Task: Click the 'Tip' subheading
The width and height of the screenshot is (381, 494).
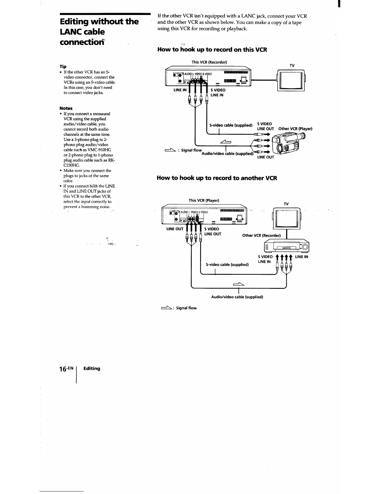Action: click(x=63, y=66)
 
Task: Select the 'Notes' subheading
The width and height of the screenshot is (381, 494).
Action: click(x=66, y=108)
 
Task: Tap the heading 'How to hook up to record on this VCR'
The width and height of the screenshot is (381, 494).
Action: click(x=212, y=50)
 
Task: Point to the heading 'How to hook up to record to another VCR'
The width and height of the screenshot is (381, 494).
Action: click(x=217, y=178)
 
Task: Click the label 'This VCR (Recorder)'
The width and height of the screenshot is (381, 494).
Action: click(x=209, y=62)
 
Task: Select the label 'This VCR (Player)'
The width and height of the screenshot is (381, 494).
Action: click(x=204, y=200)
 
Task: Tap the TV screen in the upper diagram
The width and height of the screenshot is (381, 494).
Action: click(x=290, y=80)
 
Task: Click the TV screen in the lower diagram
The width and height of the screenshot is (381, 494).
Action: click(x=286, y=218)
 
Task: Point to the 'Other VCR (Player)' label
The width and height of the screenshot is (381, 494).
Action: click(x=295, y=128)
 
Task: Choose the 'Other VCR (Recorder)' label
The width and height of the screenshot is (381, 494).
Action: click(x=261, y=235)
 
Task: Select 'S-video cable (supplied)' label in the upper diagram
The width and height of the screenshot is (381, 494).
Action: click(x=231, y=125)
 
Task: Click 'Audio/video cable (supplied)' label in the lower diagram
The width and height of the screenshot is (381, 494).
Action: click(x=237, y=297)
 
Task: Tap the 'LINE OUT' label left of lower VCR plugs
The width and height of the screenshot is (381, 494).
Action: click(x=175, y=229)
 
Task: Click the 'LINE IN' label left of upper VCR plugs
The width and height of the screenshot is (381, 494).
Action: click(x=180, y=90)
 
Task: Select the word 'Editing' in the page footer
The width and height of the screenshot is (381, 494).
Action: click(x=92, y=368)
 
